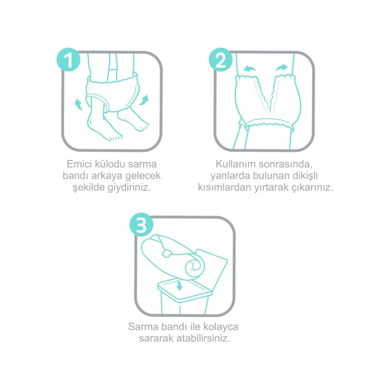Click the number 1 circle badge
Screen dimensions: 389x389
(68, 60)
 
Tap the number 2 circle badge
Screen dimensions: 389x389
(221, 60)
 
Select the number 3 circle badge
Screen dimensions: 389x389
(141, 225)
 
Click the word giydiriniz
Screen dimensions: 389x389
(129, 187)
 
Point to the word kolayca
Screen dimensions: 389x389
(220, 327)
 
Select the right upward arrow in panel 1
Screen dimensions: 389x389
(144, 100)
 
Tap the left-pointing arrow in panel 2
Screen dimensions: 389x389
(250, 69)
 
